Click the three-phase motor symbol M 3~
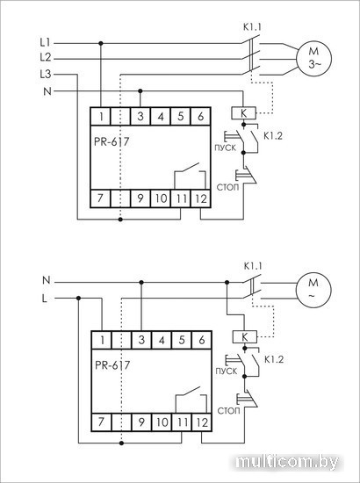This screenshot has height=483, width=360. click(313, 59)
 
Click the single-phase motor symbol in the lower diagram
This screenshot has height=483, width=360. click(313, 290)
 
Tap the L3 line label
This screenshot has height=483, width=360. click(46, 75)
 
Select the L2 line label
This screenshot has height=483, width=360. click(46, 57)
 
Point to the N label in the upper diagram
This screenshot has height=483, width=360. click(47, 91)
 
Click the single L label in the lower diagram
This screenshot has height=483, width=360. click(45, 299)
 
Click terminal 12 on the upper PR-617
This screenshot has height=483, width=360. click(201, 198)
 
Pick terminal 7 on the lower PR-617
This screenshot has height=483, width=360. click(101, 422)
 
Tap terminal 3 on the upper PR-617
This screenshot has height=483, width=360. click(140, 117)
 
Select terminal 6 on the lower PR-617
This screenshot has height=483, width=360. click(202, 340)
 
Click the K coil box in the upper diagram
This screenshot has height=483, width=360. click(243, 113)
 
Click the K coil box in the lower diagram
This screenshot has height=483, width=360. click(244, 336)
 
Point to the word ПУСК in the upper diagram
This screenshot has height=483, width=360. click(225, 148)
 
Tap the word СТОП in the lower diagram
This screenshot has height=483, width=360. click(228, 411)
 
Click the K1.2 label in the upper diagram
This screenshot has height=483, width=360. click(273, 136)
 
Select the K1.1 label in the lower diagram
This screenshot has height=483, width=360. click(253, 266)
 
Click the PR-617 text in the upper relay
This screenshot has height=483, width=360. click(112, 141)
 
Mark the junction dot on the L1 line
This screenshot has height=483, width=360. click(101, 43)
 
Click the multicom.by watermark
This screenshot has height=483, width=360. click(287, 462)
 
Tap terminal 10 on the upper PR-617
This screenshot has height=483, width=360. click(161, 198)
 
